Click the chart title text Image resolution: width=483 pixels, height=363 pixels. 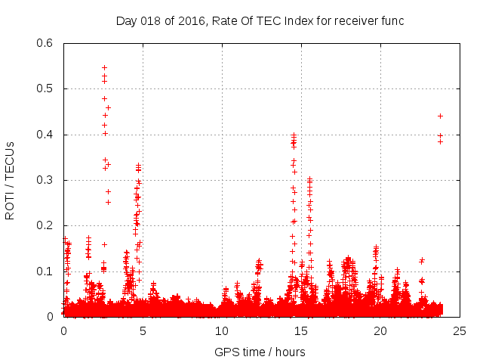260,20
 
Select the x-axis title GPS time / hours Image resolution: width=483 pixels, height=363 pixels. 260,352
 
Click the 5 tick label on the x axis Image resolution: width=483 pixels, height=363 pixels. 143,331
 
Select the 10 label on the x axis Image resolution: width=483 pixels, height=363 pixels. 222,331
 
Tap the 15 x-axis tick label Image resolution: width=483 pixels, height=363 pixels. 301,331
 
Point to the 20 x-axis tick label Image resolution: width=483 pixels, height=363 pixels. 380,331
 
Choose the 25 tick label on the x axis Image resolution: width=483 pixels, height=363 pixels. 460,331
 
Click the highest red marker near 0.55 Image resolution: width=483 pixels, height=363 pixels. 104,67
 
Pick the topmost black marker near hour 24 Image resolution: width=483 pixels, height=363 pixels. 440,116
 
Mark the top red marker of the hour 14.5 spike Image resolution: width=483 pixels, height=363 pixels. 294,135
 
